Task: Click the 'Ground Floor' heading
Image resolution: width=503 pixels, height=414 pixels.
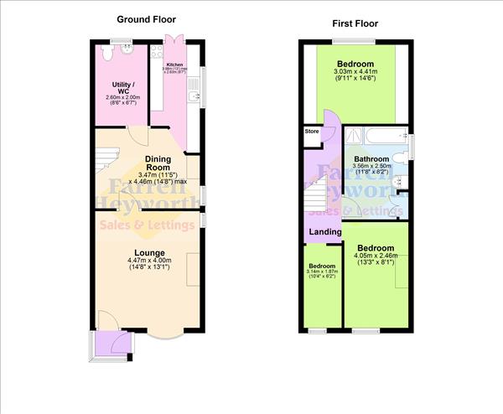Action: click(145, 18)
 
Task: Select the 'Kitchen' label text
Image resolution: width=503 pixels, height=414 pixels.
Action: click(174, 64)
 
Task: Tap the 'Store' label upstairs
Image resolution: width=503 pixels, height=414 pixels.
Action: click(312, 132)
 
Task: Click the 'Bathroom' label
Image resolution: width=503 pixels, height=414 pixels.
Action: click(371, 158)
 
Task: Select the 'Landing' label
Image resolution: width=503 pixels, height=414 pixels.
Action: click(325, 232)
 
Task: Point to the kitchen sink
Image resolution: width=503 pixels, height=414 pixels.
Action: click(194, 98)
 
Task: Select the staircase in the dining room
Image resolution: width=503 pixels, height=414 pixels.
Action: click(106, 159)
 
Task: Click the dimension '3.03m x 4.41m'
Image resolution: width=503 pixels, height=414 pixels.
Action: click(356, 73)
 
